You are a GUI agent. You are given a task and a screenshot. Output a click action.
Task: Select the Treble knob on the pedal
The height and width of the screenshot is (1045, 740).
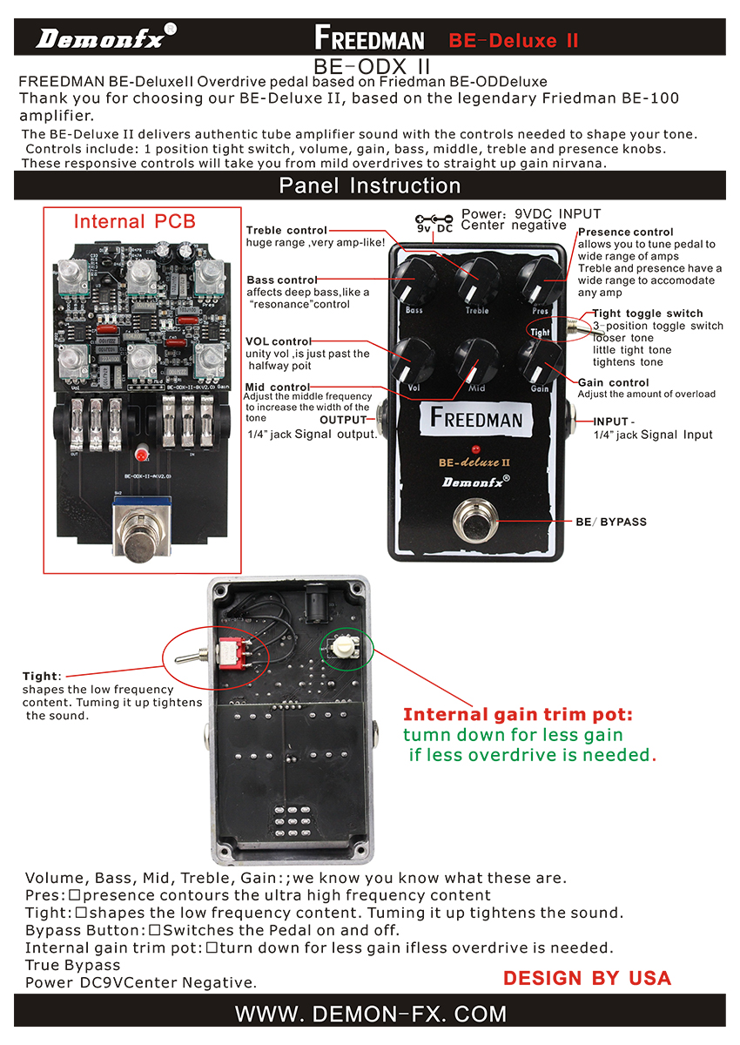pyautogui.click(x=477, y=278)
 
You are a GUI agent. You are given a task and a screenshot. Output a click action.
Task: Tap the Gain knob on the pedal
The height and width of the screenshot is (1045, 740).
pyautogui.click(x=538, y=358)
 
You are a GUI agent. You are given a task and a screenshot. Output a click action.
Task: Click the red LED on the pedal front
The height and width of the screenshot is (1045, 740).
pyautogui.click(x=477, y=444)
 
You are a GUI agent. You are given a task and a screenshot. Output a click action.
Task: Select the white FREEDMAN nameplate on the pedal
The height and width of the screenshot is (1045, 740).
pyautogui.click(x=476, y=419)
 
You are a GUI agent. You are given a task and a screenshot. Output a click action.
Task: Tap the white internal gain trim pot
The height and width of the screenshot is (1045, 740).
pyautogui.click(x=344, y=646)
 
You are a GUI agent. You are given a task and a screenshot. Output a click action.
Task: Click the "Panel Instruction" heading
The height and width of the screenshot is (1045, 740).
pyautogui.click(x=369, y=185)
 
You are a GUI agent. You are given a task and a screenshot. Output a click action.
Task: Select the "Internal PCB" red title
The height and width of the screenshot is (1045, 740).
pyautogui.click(x=135, y=221)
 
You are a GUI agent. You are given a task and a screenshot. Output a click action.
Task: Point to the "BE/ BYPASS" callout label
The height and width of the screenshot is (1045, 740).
pyautogui.click(x=611, y=522)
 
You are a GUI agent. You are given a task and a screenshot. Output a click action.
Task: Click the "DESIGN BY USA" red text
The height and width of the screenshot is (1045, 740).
pyautogui.click(x=587, y=978)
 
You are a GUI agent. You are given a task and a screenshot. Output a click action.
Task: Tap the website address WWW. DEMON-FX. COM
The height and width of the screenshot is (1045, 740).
pyautogui.click(x=370, y=1014)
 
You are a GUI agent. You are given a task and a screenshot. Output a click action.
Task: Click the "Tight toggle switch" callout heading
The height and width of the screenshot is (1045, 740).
pyautogui.click(x=647, y=313)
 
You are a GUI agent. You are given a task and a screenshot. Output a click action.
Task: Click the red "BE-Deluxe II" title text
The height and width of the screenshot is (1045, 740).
pyautogui.click(x=513, y=40)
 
